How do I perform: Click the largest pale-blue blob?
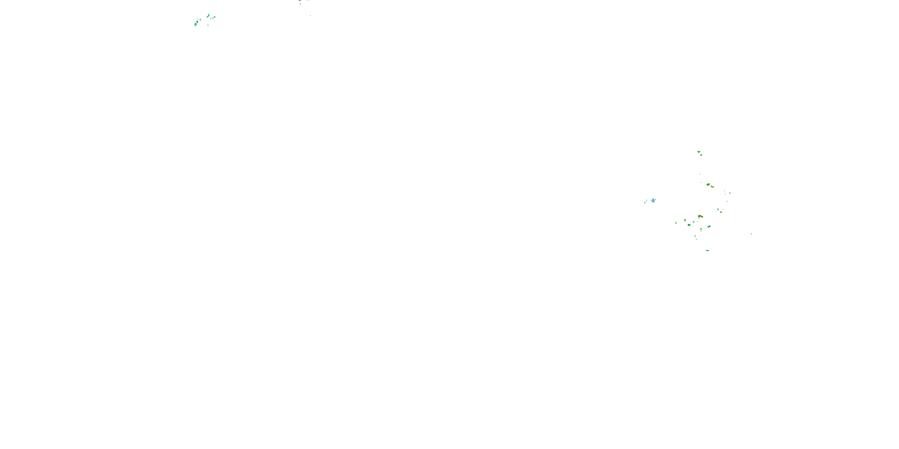[x=653, y=201]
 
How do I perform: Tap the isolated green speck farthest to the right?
[x=751, y=233]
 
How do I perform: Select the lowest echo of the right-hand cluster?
[x=708, y=250]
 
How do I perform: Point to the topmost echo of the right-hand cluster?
[x=699, y=152]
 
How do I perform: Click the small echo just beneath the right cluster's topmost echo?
[x=701, y=155]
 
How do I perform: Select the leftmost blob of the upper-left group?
[x=196, y=24]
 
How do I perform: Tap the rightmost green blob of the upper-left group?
[x=214, y=17]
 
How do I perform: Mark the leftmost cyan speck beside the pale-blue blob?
[x=645, y=202]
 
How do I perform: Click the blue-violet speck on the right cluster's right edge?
[x=730, y=193]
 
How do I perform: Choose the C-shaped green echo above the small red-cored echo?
[x=718, y=209]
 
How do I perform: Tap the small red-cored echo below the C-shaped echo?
[x=721, y=212]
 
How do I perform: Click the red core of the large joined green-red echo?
[x=702, y=217]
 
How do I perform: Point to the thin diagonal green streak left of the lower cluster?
[x=676, y=222]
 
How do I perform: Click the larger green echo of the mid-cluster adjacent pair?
[x=708, y=184]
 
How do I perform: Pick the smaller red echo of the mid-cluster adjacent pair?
[x=712, y=186]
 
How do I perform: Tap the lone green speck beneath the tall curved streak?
[x=208, y=25]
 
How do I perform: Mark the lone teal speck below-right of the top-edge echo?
[x=310, y=15]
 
